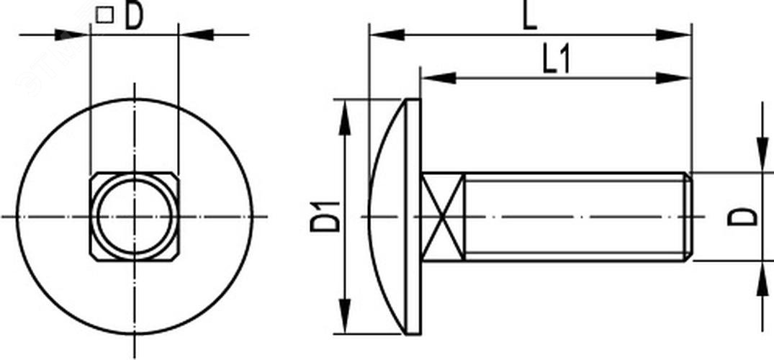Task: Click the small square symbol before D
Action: tap(104, 15)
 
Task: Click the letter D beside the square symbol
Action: tap(133, 16)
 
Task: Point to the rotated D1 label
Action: tap(325, 217)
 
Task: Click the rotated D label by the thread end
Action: tap(742, 217)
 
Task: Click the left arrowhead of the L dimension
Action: tap(387, 35)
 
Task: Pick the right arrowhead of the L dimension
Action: tap(673, 35)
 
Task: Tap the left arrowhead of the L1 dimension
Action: tap(438, 78)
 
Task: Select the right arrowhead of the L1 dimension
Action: tap(673, 78)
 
